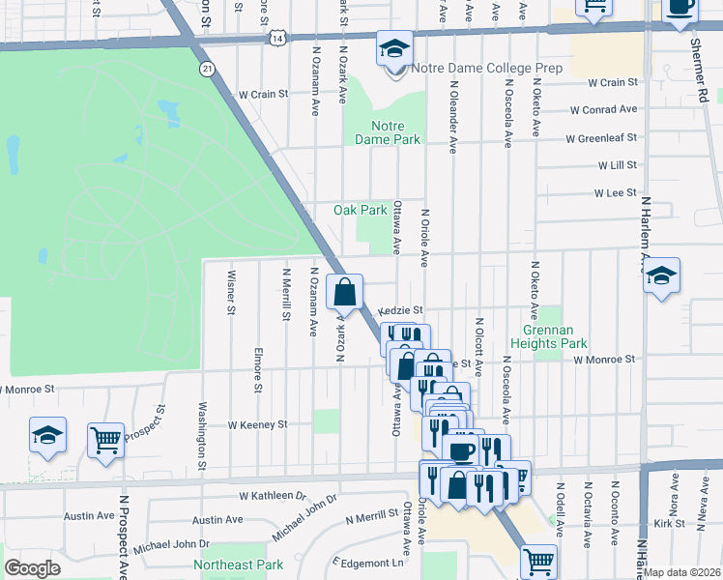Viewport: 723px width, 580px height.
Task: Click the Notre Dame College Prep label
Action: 486,69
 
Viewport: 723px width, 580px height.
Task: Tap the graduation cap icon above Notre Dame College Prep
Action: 394,48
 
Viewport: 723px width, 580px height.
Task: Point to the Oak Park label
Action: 360,210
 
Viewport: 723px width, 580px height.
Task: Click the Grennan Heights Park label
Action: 549,335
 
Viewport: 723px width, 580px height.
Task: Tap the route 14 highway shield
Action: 278,37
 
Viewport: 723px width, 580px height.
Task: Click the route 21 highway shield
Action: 207,69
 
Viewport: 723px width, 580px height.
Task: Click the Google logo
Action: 33,567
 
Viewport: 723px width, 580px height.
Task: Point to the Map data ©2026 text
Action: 682,572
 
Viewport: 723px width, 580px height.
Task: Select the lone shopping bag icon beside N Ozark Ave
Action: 346,291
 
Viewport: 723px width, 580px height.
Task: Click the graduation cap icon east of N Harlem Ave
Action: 661,275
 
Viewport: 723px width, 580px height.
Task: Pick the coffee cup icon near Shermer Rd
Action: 680,6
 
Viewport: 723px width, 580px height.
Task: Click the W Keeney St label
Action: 257,424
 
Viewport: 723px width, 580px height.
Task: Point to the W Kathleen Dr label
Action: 273,495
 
